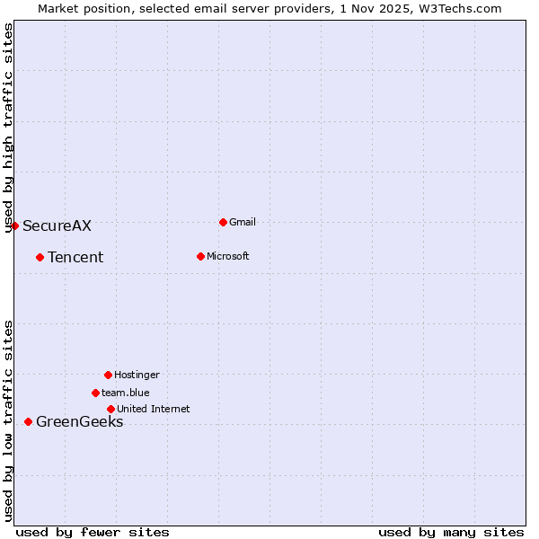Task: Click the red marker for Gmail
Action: tap(223, 222)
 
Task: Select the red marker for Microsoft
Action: tap(200, 256)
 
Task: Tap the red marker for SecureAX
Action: tap(14, 225)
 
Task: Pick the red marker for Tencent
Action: tap(40, 257)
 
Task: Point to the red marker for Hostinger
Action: tap(108, 375)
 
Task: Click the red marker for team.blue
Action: tap(95, 393)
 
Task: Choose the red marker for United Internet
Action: tap(110, 409)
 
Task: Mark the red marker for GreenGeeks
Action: tap(28, 421)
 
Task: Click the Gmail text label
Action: tap(243, 222)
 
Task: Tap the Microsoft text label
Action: tap(227, 256)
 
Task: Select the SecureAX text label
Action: tap(57, 225)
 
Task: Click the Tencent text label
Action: tap(75, 258)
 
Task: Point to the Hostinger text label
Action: tap(137, 375)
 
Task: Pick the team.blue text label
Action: tap(126, 393)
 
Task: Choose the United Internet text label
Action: tap(154, 409)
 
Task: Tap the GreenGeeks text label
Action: tap(79, 422)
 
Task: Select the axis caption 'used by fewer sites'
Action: tap(93, 532)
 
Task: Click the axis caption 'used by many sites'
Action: tap(451, 532)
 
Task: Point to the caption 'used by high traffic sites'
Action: tap(8, 128)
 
